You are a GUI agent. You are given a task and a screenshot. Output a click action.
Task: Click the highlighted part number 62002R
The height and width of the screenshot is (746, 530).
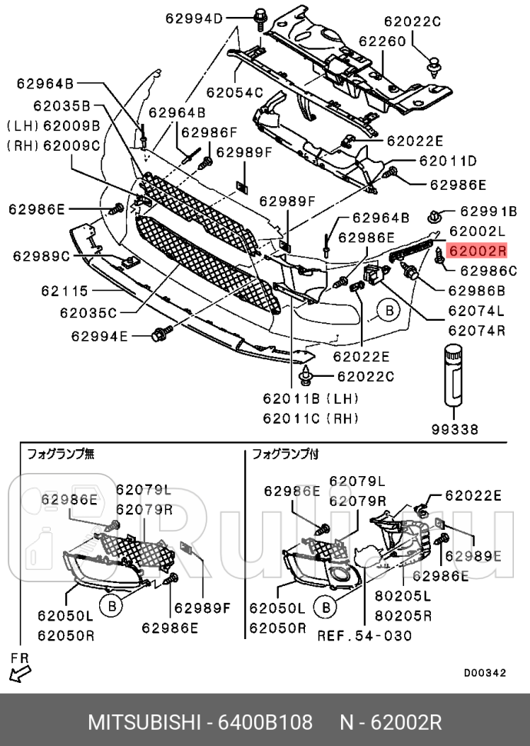click(478, 250)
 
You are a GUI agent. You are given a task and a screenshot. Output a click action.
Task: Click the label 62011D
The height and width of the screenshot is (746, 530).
click(448, 161)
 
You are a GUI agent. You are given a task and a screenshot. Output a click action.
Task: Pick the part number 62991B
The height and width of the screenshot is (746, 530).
click(489, 211)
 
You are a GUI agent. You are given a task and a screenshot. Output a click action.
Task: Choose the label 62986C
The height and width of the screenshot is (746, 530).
click(489, 270)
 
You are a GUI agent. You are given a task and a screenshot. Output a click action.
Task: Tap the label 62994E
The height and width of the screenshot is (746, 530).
click(101, 335)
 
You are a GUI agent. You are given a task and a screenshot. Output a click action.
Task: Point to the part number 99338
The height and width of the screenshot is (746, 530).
click(455, 429)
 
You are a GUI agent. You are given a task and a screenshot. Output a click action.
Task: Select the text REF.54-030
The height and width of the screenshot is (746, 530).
click(365, 635)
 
